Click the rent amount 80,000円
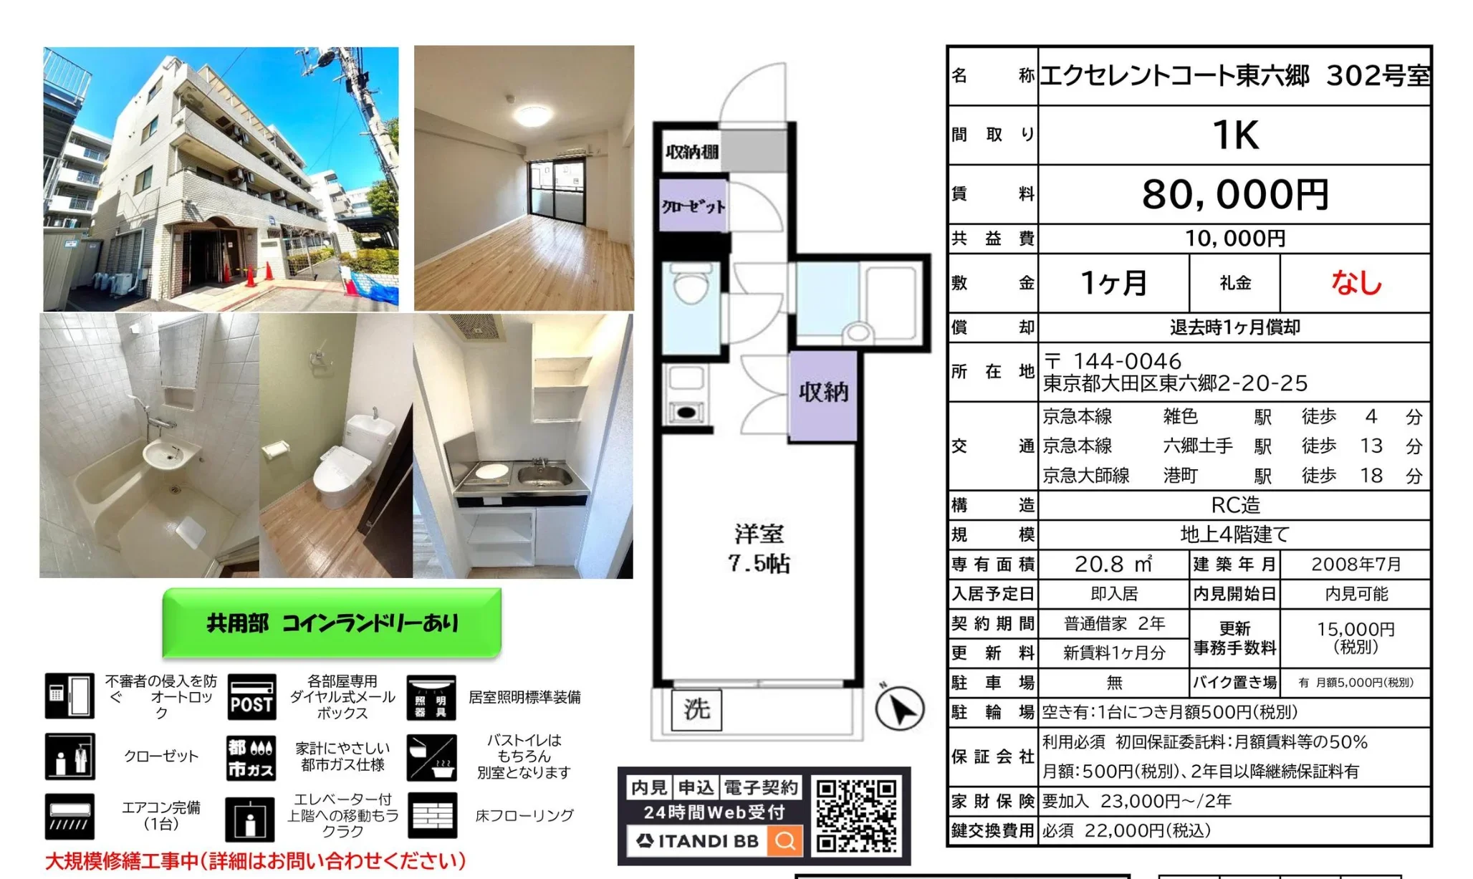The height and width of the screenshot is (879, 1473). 1234,194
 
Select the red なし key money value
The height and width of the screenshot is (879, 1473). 1356,283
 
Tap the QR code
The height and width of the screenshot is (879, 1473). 856,815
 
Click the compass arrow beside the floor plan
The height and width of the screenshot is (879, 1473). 900,709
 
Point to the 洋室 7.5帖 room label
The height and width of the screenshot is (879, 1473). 759,549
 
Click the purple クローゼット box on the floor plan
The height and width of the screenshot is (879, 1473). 693,206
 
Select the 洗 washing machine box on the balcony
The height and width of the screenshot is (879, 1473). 696,709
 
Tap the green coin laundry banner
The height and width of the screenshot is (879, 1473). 332,623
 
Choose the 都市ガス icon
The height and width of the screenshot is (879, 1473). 250,757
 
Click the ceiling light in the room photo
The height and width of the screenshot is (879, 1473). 529,115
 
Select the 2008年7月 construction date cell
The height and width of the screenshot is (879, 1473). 1356,565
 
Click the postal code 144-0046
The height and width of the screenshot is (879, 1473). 1127,361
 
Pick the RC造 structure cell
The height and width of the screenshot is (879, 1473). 1234,505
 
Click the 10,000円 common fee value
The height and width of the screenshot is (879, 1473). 1234,239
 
